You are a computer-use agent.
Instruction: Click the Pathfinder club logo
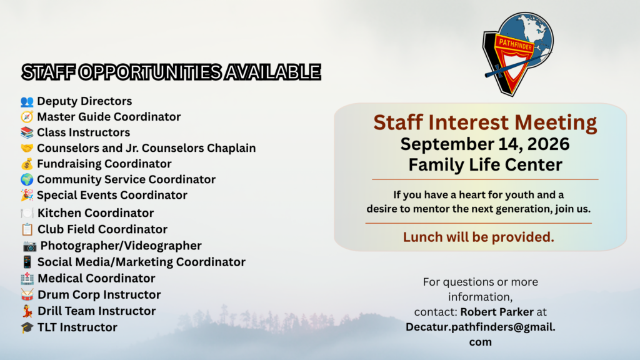(518, 54)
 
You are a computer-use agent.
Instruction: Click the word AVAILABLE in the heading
(272, 72)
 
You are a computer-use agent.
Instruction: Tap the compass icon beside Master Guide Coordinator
(27, 117)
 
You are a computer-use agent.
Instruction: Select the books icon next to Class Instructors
(27, 132)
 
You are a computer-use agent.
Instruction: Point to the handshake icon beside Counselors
(27, 147)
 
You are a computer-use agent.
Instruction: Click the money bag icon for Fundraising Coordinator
(27, 164)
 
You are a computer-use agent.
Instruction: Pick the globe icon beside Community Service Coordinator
(27, 179)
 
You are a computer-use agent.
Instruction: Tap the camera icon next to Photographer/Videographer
(29, 246)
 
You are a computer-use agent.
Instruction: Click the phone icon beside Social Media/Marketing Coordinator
(27, 262)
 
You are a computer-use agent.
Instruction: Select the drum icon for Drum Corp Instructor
(27, 295)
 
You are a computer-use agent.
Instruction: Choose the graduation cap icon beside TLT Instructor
(27, 327)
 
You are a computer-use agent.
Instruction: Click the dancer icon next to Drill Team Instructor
(27, 311)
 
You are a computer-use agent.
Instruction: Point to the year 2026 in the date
(547, 144)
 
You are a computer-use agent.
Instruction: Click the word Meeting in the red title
(556, 122)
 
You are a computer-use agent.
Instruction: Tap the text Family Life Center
(485, 165)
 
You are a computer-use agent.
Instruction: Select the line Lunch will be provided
(478, 237)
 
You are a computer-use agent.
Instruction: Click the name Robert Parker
(497, 312)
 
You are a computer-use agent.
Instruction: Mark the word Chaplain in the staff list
(231, 148)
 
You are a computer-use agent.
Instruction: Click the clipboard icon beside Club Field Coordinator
(27, 229)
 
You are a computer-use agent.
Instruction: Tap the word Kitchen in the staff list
(59, 213)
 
